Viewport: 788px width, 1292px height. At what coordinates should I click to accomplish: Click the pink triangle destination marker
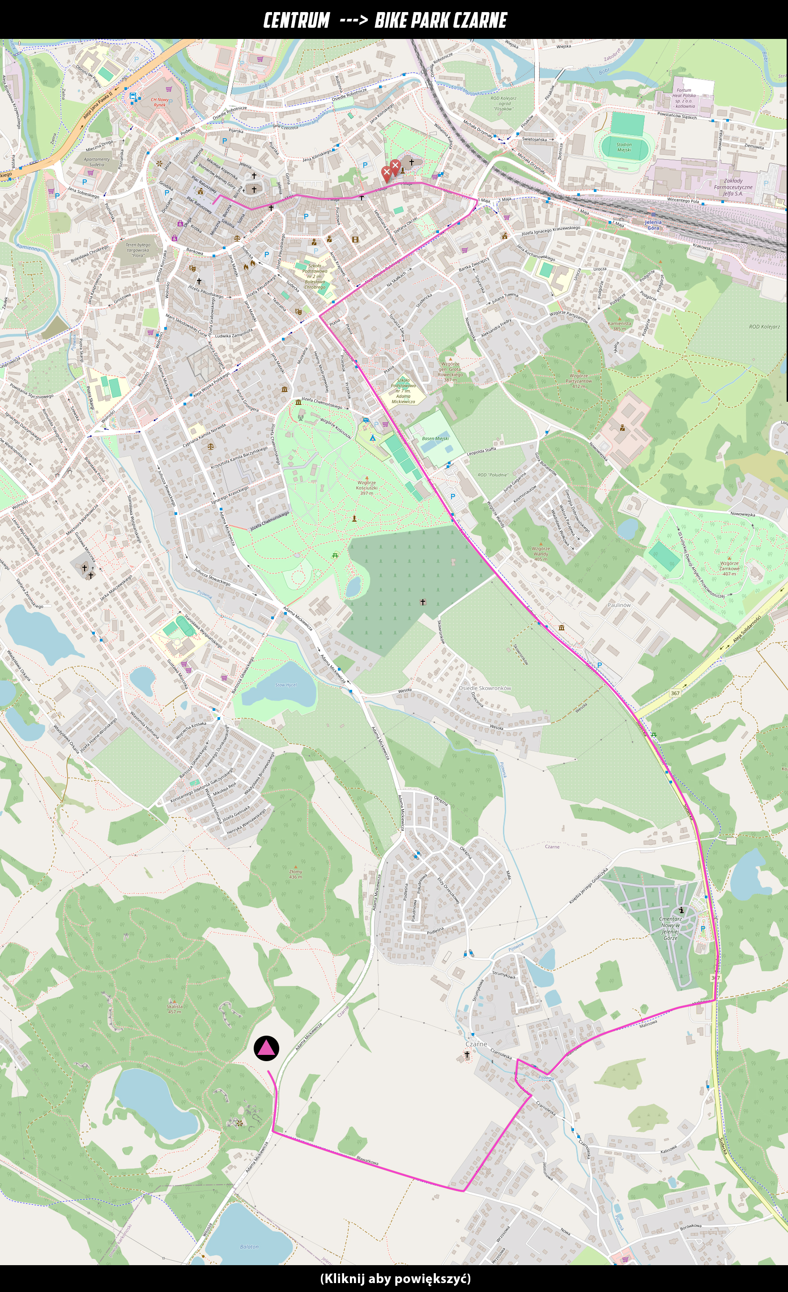[267, 1048]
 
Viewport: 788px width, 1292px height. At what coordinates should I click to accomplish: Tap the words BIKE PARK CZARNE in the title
[440, 21]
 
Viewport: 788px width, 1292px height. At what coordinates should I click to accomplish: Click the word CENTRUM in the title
[296, 21]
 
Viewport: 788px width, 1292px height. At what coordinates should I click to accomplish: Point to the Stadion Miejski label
[624, 147]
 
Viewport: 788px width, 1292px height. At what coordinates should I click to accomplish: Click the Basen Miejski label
[435, 438]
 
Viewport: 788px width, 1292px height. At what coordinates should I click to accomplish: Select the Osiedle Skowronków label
[484, 688]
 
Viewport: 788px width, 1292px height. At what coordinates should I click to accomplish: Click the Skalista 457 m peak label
[175, 1009]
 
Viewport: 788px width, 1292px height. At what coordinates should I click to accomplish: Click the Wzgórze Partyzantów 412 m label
[579, 381]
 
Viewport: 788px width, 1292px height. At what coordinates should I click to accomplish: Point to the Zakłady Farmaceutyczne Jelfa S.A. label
[733, 187]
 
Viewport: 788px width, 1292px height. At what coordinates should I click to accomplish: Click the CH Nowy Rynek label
[159, 102]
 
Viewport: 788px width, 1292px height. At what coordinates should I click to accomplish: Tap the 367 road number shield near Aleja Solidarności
[675, 693]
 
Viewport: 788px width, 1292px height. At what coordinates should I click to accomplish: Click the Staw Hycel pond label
[286, 685]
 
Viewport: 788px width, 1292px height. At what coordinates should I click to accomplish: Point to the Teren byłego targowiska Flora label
[138, 250]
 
